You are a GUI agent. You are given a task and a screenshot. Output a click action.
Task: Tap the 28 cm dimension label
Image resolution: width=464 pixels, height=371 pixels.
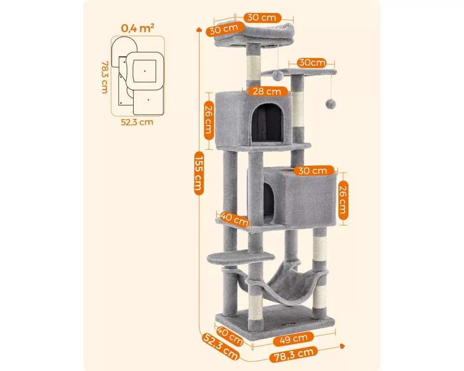(267, 91)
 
